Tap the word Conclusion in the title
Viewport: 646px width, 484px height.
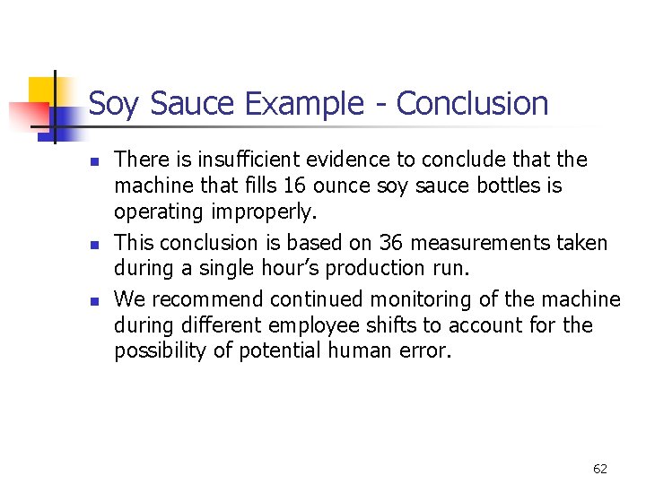pos(472,104)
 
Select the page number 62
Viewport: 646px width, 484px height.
pos(600,469)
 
